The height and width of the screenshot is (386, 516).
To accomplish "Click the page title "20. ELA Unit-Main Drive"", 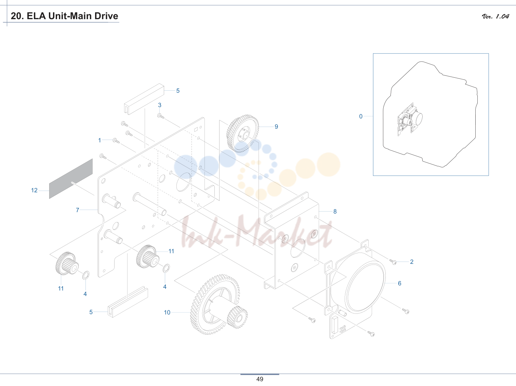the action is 64,16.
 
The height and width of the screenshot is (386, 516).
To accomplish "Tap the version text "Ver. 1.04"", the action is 495,16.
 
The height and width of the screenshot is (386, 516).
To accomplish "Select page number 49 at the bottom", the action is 260,379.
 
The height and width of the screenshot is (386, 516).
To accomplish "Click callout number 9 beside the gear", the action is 276,127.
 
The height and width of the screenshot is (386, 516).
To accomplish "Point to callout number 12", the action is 34,190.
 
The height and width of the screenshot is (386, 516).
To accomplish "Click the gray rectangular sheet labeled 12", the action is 71,179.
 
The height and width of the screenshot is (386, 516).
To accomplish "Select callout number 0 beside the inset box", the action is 361,116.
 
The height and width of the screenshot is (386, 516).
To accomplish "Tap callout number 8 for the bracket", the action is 335,211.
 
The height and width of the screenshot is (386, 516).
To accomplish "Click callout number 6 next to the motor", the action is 399,283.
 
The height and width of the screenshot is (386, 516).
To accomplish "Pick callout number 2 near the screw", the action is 412,262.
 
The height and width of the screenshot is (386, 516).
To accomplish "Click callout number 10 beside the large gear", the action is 167,312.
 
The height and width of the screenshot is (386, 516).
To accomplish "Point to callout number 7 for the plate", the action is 77,210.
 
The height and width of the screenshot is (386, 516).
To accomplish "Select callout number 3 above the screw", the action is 160,105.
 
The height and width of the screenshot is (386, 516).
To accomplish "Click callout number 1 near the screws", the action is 100,140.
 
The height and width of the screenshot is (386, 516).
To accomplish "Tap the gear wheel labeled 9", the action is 242,133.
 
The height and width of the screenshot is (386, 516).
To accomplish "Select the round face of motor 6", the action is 365,287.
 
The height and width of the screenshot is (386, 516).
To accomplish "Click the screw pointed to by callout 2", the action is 393,261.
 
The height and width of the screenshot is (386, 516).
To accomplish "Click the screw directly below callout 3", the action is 161,116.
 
